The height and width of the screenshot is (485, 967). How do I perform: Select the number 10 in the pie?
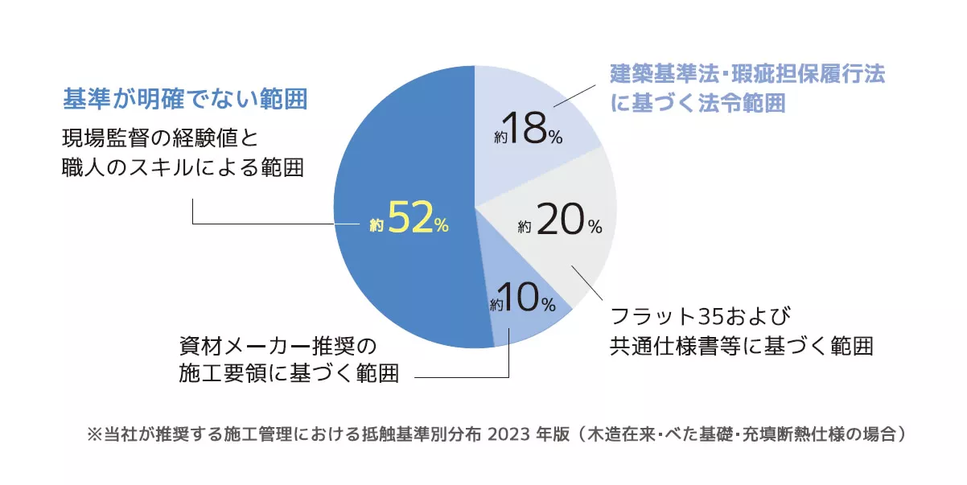[521, 299]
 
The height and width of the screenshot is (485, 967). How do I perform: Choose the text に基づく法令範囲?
[697, 105]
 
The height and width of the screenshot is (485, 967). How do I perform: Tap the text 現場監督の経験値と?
[159, 138]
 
